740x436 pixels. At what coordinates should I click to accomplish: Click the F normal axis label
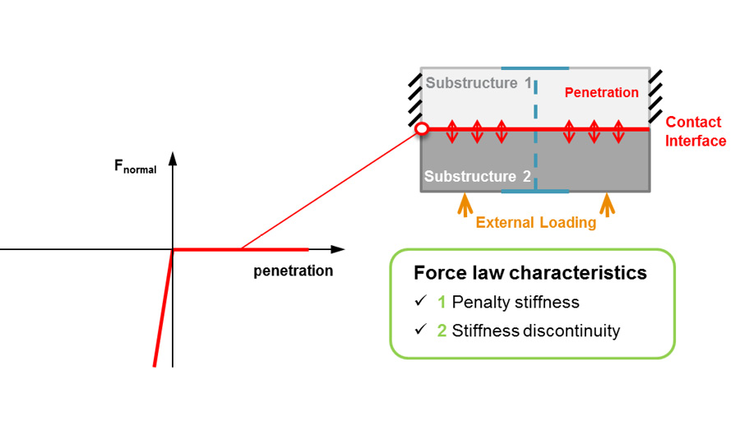pyautogui.click(x=135, y=167)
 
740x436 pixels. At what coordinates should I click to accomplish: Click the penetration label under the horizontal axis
pyautogui.click(x=293, y=271)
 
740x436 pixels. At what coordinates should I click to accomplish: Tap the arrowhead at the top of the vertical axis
pyautogui.click(x=173, y=159)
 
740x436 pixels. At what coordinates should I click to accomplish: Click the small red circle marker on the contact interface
pyautogui.click(x=422, y=129)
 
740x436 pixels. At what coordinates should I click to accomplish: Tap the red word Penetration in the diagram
pyautogui.click(x=602, y=93)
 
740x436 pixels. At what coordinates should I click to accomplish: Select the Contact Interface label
pyautogui.click(x=695, y=132)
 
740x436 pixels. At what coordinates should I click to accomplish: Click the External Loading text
pyautogui.click(x=535, y=222)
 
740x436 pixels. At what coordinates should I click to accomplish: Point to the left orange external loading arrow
pyautogui.click(x=465, y=203)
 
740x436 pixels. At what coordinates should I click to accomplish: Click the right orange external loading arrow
pyautogui.click(x=607, y=203)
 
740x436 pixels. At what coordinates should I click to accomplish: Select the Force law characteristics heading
pyautogui.click(x=530, y=272)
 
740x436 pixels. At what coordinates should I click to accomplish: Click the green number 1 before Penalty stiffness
pyautogui.click(x=442, y=302)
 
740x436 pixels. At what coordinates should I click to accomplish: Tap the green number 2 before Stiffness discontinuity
pyautogui.click(x=442, y=331)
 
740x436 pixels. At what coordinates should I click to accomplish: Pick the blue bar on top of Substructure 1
pyautogui.click(x=534, y=67)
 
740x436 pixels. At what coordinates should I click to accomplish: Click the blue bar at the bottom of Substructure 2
pyautogui.click(x=534, y=192)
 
